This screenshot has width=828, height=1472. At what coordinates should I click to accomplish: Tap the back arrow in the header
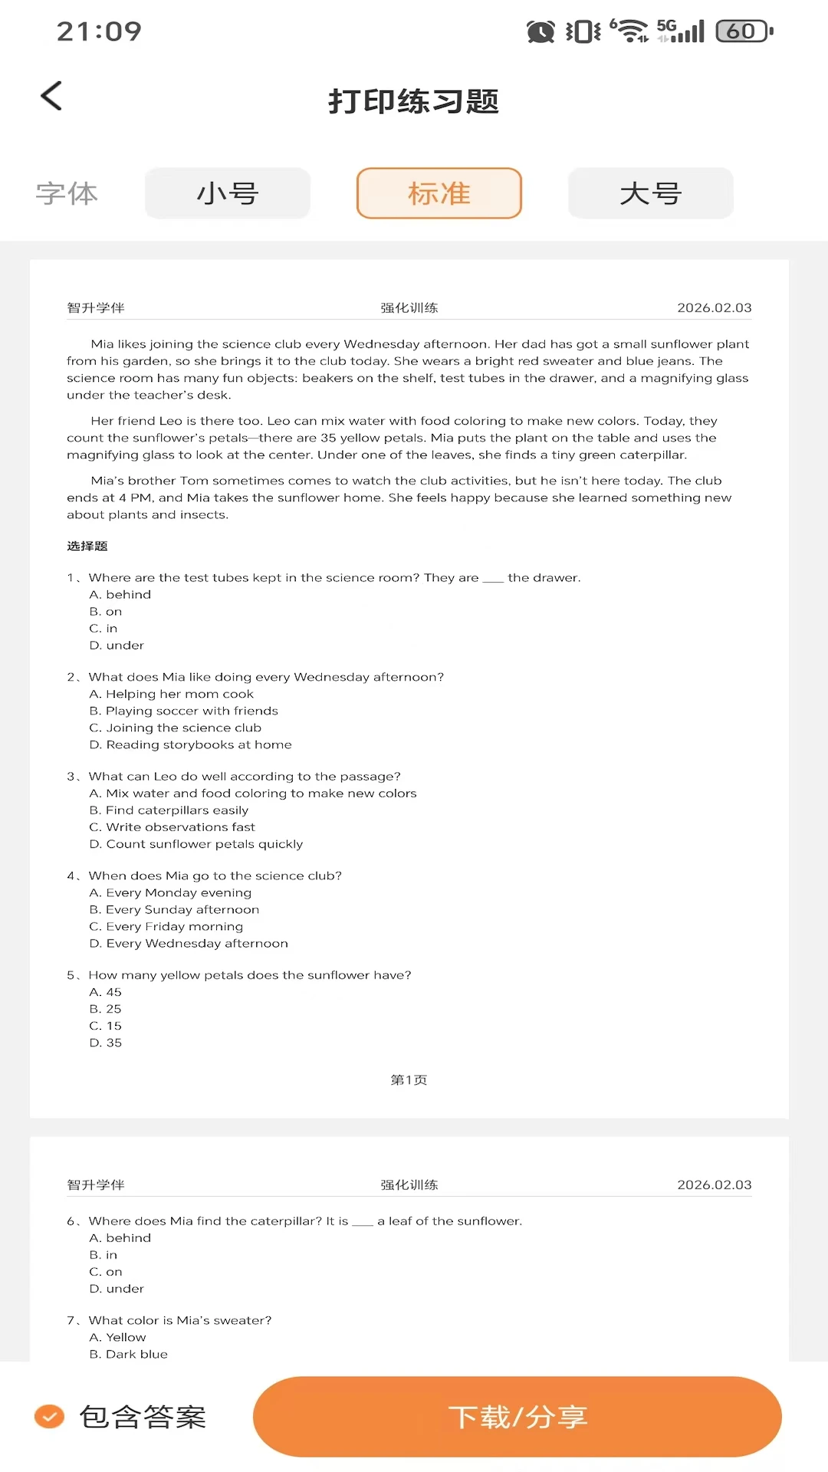pos(51,97)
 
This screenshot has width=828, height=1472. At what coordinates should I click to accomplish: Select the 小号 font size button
pos(228,193)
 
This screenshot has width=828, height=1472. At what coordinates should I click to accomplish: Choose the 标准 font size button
pos(439,193)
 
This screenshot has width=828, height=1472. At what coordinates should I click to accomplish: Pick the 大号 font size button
pos(650,193)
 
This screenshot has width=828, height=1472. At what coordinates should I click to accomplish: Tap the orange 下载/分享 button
pos(517,1416)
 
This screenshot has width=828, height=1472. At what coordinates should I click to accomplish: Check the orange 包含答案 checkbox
pos(50,1416)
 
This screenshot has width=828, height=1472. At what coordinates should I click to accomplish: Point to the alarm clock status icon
pos(540,31)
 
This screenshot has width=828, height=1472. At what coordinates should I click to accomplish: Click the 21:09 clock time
pos(99,31)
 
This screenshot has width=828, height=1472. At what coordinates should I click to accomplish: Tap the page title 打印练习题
pos(413,101)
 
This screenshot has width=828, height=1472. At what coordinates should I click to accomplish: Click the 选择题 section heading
pos(87,546)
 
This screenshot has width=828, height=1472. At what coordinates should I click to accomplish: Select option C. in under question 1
pos(103,628)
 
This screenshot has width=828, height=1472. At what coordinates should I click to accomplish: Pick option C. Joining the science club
pos(175,728)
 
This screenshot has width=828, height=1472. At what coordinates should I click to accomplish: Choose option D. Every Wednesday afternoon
pos(189,943)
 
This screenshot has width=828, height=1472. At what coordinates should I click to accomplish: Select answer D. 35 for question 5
pos(106,1043)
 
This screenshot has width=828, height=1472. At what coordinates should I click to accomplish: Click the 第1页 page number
pos(409,1079)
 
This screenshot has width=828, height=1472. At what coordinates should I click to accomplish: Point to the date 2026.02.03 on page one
pos(714,307)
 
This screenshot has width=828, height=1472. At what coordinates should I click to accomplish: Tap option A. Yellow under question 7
pos(117,1337)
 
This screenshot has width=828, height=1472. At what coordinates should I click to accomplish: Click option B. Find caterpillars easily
pos(169,810)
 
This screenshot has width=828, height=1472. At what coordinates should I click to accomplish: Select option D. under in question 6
pos(117,1289)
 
